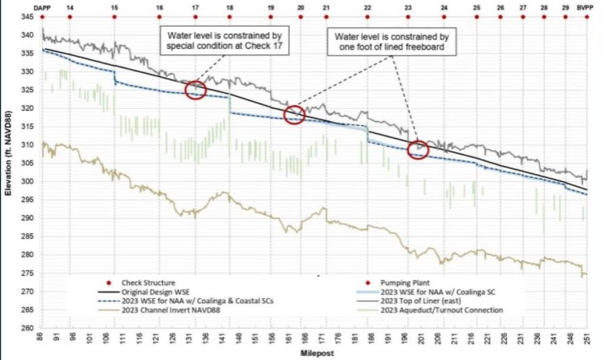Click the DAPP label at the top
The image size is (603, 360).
tap(42, 7)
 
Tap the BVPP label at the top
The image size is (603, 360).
tap(585, 7)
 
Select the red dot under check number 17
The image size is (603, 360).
tap(196, 17)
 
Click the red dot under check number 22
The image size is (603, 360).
tap(367, 17)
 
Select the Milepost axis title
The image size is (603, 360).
tap(317, 353)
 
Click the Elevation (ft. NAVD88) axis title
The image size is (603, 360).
tap(8, 153)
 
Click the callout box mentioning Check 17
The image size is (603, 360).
tap(224, 41)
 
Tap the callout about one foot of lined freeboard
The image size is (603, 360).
tap(392, 41)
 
